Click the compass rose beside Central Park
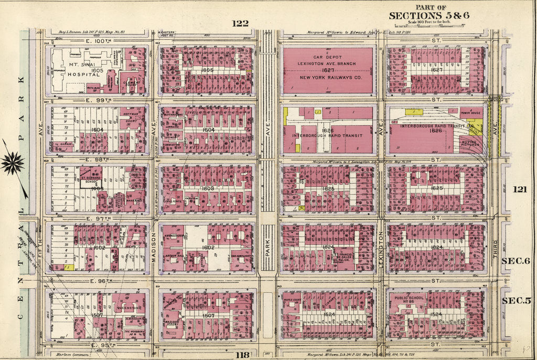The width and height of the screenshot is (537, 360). (x=13, y=163)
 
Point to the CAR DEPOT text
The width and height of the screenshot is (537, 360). (x=328, y=57)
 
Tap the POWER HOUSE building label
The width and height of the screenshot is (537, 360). (x=470, y=112)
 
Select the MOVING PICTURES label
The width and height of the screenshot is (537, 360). (x=470, y=143)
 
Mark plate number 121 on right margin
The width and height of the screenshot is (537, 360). (x=520, y=189)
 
